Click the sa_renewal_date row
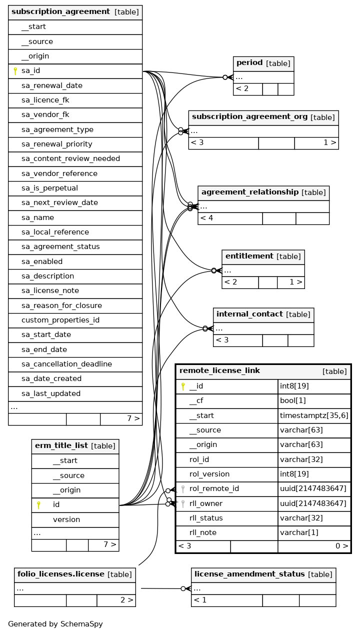[52, 85]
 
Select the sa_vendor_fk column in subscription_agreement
[45, 114]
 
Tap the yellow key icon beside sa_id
[15, 71]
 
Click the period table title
[263, 63]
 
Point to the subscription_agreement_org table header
[263, 117]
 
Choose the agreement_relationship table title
[263, 192]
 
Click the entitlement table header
[263, 256]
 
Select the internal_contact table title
[263, 314]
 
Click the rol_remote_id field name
[214, 488]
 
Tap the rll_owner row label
[205, 503]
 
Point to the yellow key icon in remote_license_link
[183, 386]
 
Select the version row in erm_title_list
[66, 519]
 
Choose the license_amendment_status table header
[263, 574]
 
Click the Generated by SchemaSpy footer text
[55, 624]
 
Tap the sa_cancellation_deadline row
[66, 364]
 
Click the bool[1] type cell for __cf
[292, 400]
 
